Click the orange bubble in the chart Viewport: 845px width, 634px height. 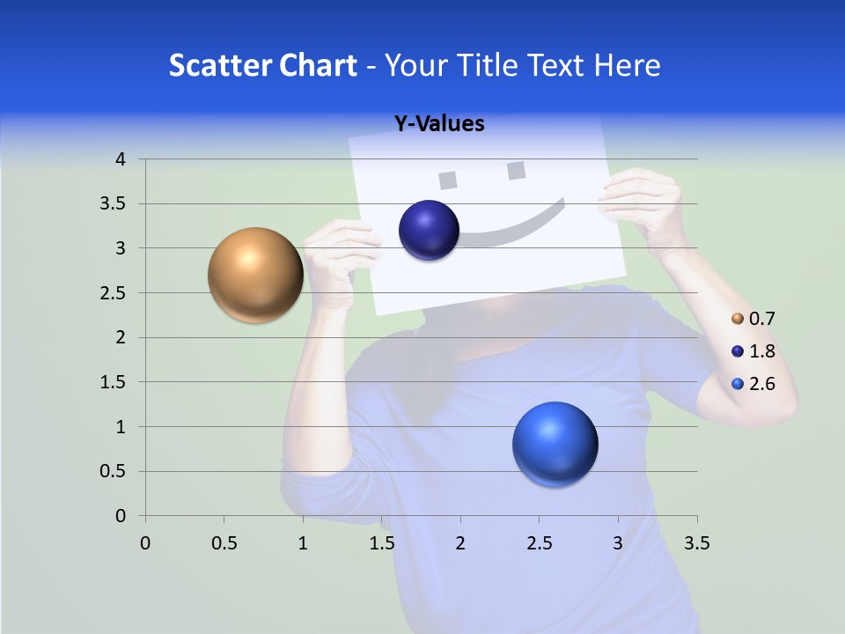pyautogui.click(x=256, y=275)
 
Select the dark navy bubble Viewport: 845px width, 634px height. pyautogui.click(x=429, y=231)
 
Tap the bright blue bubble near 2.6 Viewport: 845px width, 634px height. pyautogui.click(x=555, y=444)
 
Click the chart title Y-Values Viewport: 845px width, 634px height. pyautogui.click(x=438, y=124)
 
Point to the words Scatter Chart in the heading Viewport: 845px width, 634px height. pyautogui.click(x=262, y=65)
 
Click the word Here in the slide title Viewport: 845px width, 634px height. pyautogui.click(x=626, y=65)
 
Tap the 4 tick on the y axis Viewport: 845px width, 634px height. pyautogui.click(x=120, y=159)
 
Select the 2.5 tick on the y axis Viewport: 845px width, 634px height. pyautogui.click(x=113, y=293)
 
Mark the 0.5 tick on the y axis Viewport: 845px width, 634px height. pyautogui.click(x=113, y=472)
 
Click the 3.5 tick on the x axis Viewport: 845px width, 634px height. pyautogui.click(x=696, y=543)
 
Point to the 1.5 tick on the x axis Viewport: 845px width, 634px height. pyautogui.click(x=381, y=543)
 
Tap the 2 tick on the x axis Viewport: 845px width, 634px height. pyautogui.click(x=460, y=543)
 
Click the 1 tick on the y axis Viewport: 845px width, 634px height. pyautogui.click(x=120, y=427)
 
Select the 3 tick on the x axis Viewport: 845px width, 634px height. pyautogui.click(x=618, y=543)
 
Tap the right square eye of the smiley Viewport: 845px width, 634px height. pyautogui.click(x=516, y=170)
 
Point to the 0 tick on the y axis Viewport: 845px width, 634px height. pyautogui.click(x=120, y=516)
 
